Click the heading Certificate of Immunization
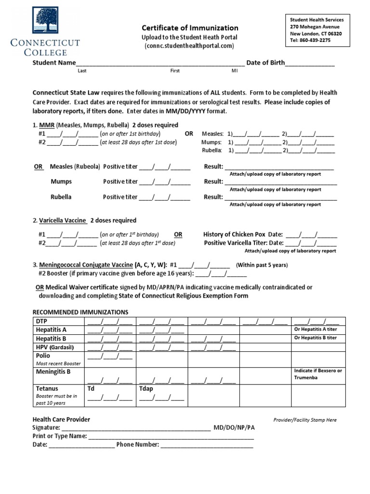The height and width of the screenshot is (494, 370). [189, 28]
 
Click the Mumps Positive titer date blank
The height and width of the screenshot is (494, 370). [165, 182]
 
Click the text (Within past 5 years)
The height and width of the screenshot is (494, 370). [262, 265]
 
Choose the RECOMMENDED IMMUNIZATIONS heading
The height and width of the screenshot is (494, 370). [80, 312]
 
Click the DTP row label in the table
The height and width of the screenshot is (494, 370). [42, 321]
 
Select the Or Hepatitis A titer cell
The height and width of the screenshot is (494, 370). [316, 329]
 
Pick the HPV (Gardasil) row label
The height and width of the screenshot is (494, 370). [56, 347]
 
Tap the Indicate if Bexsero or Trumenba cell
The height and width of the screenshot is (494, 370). [318, 374]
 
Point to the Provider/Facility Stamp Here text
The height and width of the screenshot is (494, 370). [304, 420]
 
